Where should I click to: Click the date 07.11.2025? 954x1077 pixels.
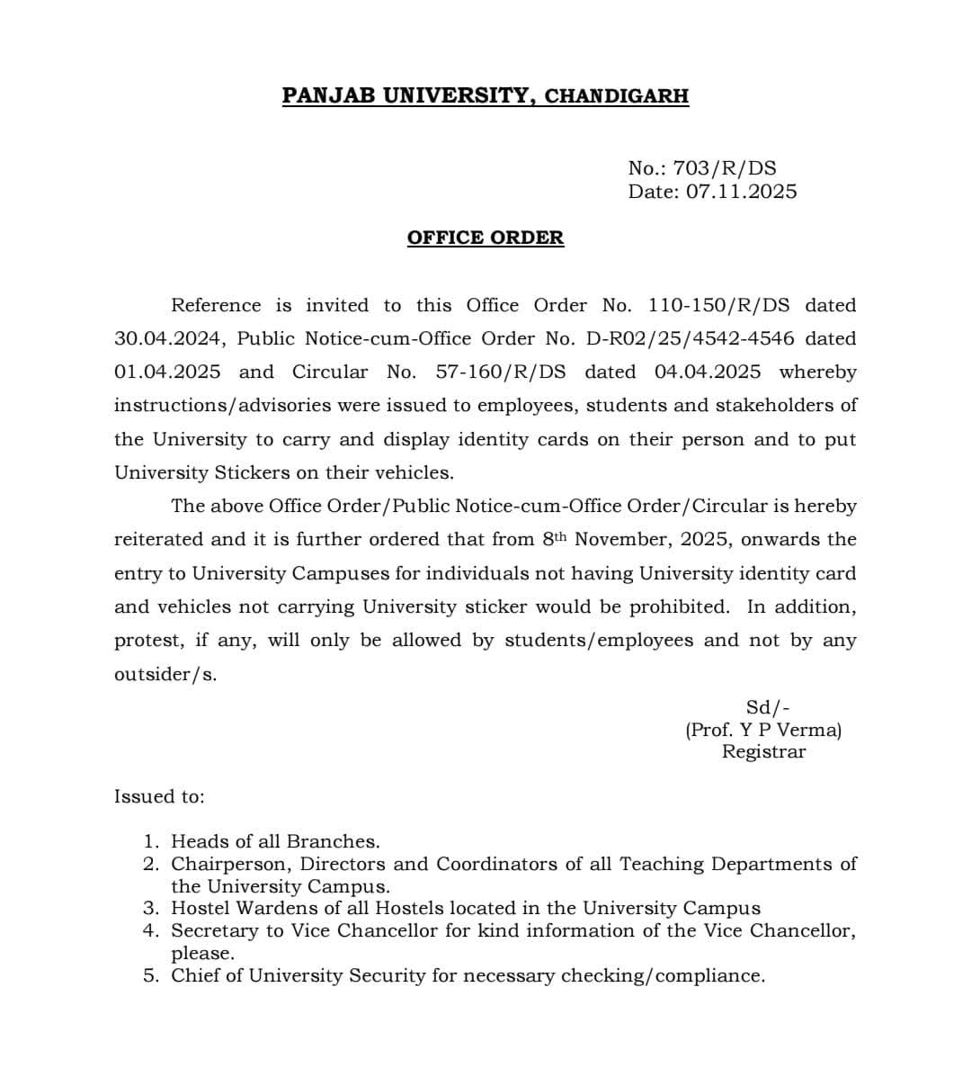(741, 192)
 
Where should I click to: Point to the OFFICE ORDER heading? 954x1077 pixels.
(486, 238)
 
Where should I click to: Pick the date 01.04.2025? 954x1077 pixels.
(167, 372)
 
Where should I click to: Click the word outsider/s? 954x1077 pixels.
(165, 674)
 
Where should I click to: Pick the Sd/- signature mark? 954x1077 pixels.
(768, 708)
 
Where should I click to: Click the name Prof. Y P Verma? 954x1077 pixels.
(763, 730)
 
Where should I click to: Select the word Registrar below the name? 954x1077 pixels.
(763, 751)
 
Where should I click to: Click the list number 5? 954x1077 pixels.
(150, 975)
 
